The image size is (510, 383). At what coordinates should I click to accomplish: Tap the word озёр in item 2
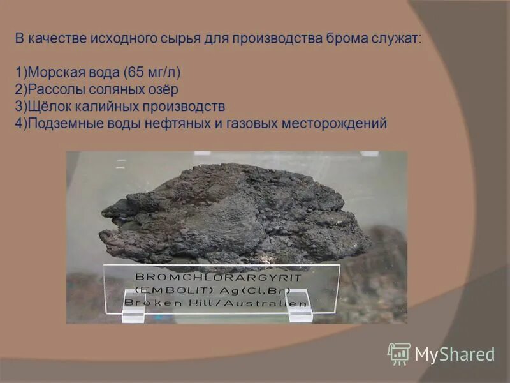[163, 89]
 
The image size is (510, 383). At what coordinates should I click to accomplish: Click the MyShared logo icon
[398, 354]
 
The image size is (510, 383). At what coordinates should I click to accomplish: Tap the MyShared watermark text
[455, 354]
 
